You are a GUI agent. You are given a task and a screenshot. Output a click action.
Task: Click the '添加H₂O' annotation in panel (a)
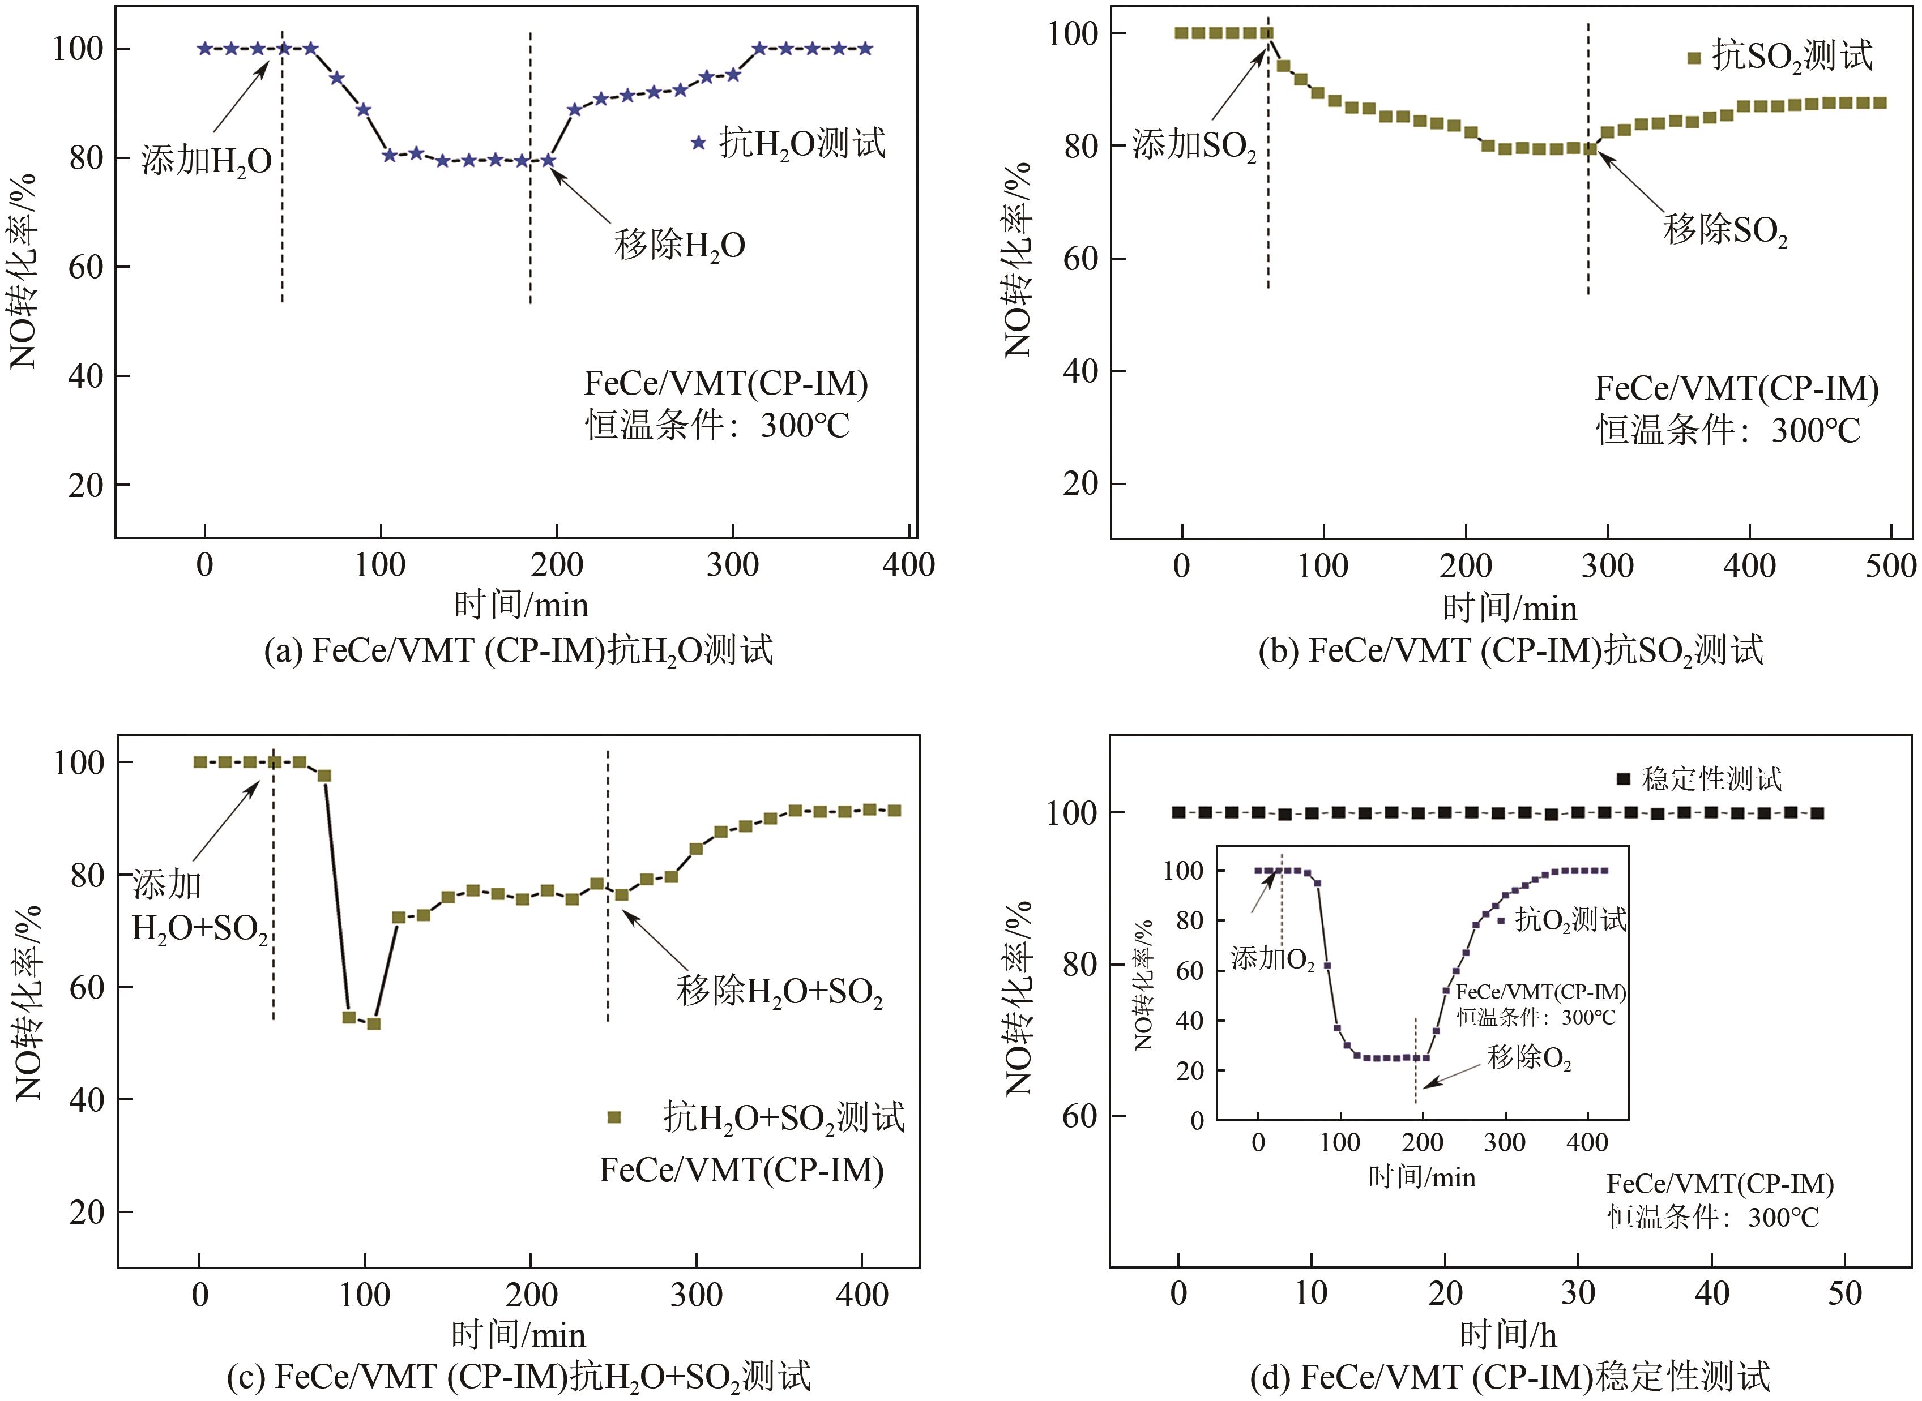206,160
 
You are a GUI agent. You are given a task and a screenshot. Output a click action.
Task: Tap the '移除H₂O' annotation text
680,245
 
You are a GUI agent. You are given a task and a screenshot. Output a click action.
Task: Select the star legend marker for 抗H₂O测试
698,143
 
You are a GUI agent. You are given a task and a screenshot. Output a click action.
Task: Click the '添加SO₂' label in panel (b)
1194,146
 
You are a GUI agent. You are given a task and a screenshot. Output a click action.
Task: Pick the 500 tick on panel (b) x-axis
1890,565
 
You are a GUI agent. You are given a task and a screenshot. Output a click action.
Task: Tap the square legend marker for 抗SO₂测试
1694,58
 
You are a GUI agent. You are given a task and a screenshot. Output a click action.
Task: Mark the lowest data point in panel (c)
373,1023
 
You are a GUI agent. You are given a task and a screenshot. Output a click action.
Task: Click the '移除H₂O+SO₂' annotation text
779,991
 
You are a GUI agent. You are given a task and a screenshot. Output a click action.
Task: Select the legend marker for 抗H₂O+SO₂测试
614,1118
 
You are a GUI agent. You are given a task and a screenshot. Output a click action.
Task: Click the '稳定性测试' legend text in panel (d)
1712,778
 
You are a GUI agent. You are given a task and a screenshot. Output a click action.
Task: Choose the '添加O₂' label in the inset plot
1272,959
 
